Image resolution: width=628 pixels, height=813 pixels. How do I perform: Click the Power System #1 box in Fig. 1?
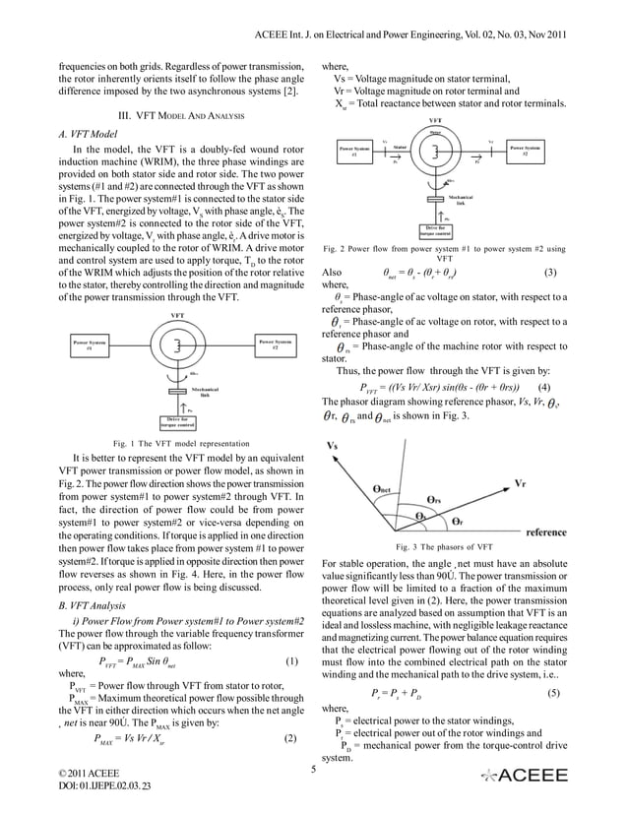pos(91,344)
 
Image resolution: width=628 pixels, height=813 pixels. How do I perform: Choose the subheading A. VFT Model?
pos(90,133)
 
